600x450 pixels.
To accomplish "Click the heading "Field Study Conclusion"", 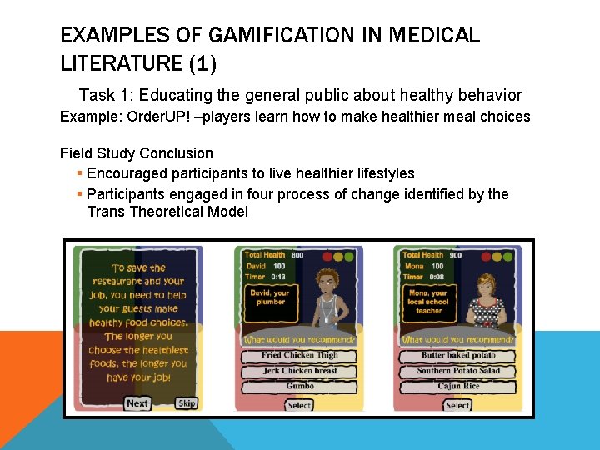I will click(137, 153).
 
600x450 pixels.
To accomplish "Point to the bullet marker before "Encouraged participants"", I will click(78, 173).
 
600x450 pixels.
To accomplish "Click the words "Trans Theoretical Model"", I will click(167, 212).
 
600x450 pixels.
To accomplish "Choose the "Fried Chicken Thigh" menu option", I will click(299, 355).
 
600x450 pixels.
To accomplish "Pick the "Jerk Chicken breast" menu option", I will click(299, 371).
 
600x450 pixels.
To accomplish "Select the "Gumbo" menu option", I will click(299, 387).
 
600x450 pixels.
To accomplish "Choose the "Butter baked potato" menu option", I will click(457, 355).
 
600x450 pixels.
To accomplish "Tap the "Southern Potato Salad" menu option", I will click(457, 371).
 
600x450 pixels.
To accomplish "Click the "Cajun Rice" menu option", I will click(457, 387).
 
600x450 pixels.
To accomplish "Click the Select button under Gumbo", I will click(299, 405).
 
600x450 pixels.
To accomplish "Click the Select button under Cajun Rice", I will click(457, 405).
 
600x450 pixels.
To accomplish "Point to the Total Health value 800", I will click(297, 255).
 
